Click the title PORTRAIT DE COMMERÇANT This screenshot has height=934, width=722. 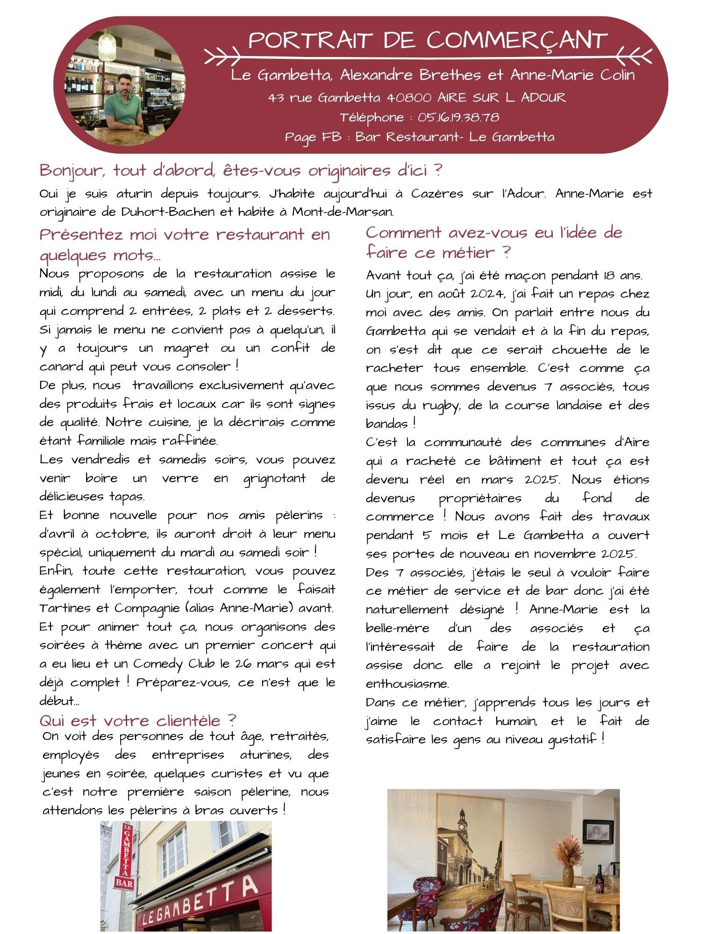point(428,41)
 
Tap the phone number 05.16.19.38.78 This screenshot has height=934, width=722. point(458,117)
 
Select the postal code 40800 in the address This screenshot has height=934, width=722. point(409,98)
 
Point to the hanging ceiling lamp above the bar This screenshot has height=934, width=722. point(107,44)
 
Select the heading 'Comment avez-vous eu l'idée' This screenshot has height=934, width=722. point(494,232)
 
